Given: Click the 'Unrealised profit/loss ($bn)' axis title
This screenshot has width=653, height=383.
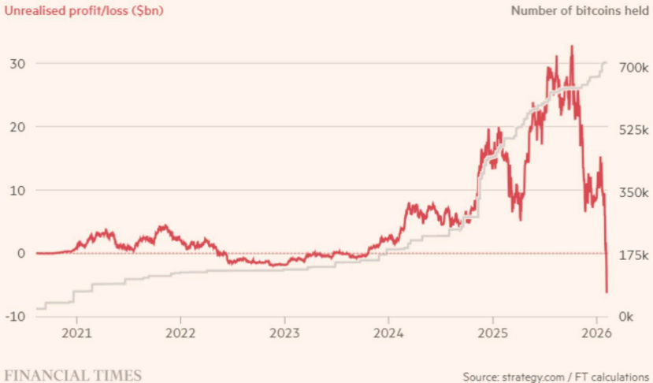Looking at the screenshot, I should pos(82,11).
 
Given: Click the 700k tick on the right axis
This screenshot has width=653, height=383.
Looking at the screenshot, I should pos(632,69).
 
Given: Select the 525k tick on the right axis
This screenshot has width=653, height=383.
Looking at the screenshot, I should pos(632,129).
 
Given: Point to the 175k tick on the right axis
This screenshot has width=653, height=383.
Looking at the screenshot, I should pos(632,256).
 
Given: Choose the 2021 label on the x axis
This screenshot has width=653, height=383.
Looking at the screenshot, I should pos(77,334).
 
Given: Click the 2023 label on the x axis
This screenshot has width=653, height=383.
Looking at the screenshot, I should pos(284,334).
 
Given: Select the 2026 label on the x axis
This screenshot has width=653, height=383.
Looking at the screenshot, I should pos(595,334).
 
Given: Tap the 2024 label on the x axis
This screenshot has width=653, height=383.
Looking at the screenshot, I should pos(388,334).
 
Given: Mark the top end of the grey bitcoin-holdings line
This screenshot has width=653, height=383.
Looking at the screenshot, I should pos(606,62).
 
